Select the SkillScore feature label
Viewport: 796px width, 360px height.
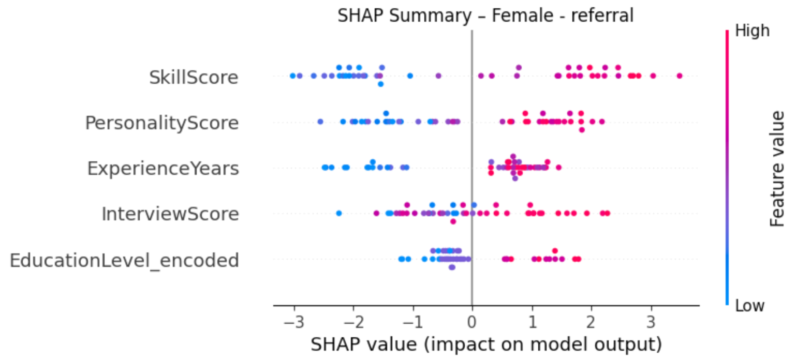click(x=194, y=78)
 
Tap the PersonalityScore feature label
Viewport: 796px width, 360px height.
click(x=162, y=123)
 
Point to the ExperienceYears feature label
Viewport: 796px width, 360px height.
click(x=163, y=169)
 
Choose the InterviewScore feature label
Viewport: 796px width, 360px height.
click(x=170, y=214)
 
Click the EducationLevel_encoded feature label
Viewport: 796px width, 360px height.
click(x=124, y=260)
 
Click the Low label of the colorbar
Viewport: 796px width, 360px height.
click(x=749, y=306)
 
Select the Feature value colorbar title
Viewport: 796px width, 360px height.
click(x=776, y=169)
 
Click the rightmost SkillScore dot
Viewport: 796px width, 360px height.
click(x=679, y=76)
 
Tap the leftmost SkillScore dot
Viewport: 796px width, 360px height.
click(x=292, y=76)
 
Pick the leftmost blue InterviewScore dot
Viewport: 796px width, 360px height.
click(x=339, y=213)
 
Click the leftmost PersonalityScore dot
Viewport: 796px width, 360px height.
click(x=320, y=122)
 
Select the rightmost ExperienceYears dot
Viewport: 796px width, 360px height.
click(x=558, y=167)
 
